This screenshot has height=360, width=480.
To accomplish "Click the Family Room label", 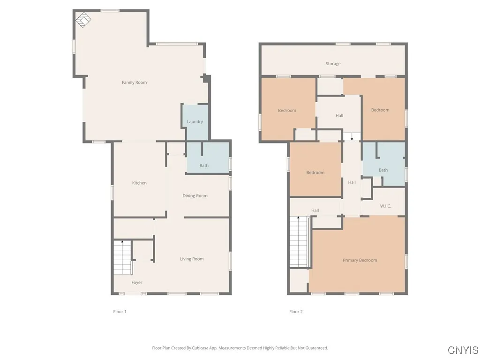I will click(134, 82).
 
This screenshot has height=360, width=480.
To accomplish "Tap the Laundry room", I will click(195, 122).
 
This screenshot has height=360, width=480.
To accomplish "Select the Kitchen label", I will click(139, 183).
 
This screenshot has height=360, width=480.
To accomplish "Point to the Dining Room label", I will click(195, 196).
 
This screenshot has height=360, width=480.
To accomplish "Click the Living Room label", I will click(192, 259).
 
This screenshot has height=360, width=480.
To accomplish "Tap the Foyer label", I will click(136, 282).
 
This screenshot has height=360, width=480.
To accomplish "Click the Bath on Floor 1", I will click(204, 165).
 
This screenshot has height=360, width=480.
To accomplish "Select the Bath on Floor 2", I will click(383, 170).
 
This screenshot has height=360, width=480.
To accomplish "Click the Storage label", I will click(333, 64).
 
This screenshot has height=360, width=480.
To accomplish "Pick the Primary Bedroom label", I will click(360, 260).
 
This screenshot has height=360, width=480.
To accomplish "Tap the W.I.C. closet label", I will click(385, 206).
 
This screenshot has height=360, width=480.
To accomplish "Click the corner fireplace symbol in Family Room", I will click(83, 20).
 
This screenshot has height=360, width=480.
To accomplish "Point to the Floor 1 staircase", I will click(122, 258).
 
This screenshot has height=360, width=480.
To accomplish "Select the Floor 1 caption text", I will click(120, 312).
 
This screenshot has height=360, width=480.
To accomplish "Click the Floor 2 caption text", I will click(296, 312).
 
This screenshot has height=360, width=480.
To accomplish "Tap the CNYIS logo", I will click(463, 350).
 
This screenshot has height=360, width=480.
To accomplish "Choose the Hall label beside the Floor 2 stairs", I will click(315, 210).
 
